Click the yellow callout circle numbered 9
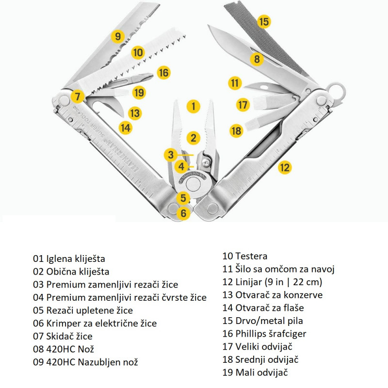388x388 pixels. [x=118, y=36]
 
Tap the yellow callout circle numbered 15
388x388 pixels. [x=263, y=21]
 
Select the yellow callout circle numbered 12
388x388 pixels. [x=285, y=168]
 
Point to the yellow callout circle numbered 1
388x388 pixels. [x=194, y=106]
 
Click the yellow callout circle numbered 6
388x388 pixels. [x=182, y=212]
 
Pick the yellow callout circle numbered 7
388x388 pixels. [x=77, y=96]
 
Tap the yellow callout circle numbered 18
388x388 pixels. [x=237, y=130]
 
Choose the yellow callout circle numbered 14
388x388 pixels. [x=126, y=128]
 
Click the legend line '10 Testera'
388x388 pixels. [x=244, y=256]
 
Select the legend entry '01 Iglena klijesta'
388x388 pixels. [x=69, y=259]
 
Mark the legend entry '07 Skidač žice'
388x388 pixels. [x=63, y=336]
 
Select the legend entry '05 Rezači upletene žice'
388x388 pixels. [x=83, y=310]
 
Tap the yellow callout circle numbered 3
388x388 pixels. [x=170, y=155]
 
